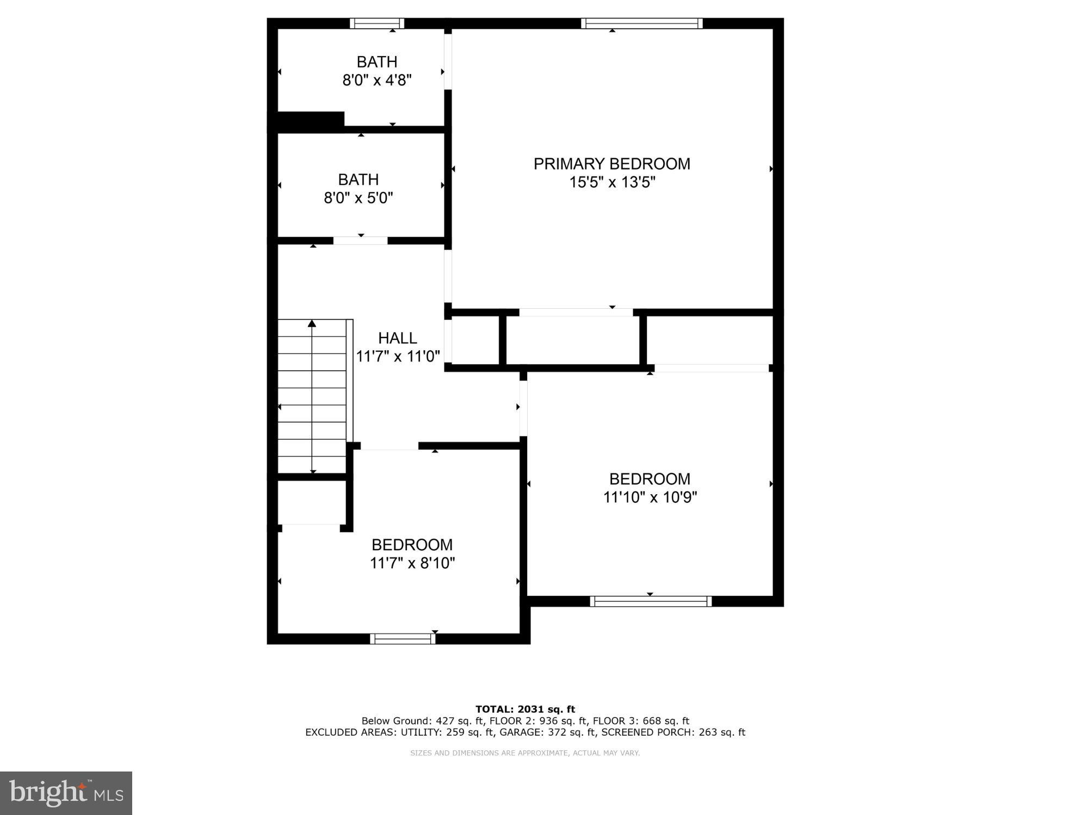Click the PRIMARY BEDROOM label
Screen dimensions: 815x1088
click(611, 164)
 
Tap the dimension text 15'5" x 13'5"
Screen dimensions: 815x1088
click(611, 183)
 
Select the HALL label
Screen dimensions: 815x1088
click(397, 338)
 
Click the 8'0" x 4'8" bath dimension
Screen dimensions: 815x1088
click(376, 80)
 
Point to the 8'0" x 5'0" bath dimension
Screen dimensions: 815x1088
click(358, 198)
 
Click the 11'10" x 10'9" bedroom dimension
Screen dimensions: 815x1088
click(650, 497)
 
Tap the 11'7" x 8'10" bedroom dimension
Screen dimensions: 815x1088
click(412, 563)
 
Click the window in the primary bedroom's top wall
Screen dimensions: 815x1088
click(641, 23)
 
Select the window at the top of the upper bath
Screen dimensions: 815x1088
click(376, 23)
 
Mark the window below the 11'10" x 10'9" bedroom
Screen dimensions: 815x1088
click(651, 601)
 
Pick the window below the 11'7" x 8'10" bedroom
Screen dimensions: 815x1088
click(403, 639)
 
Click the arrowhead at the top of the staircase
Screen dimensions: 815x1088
click(312, 324)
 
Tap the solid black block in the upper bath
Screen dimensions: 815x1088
click(311, 120)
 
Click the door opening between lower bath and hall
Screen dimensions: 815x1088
click(360, 240)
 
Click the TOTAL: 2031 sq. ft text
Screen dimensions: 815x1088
click(525, 709)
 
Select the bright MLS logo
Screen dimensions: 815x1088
click(66, 793)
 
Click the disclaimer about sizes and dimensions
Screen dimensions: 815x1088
click(524, 753)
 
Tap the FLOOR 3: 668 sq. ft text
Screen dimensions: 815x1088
click(641, 721)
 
